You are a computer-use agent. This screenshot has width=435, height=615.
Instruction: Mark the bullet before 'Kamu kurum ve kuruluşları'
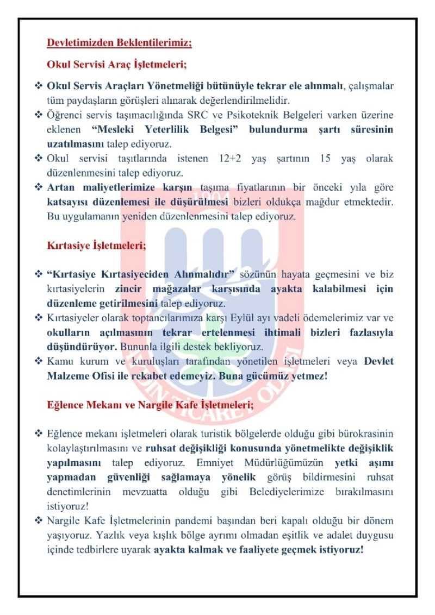[39, 361]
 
